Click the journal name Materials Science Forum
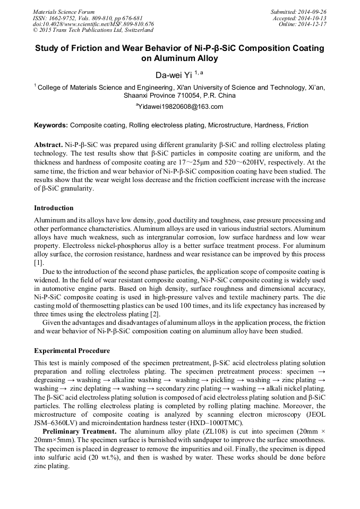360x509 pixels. tap(64, 11)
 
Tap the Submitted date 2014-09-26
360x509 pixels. tap(313, 11)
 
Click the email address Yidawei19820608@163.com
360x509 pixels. tap(180, 107)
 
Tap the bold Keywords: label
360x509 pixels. tap(51, 126)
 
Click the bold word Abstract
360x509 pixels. tap(48, 145)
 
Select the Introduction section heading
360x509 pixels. tap(54, 208)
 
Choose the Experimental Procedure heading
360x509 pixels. tap(72, 351)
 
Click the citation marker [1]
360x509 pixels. tap(39, 263)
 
